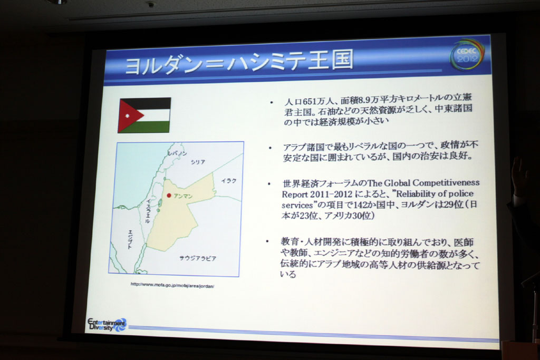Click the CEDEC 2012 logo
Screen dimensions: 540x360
(467, 55)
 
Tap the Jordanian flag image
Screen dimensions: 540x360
(144, 115)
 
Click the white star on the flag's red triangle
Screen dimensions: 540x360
(127, 115)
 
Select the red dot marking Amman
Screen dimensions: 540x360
(169, 196)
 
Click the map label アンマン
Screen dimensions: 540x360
(183, 196)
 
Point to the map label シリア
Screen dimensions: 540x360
(198, 162)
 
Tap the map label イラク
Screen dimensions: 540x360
(229, 181)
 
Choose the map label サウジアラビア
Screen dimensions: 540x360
(198, 258)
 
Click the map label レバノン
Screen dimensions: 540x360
(177, 153)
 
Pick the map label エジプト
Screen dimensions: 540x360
(130, 239)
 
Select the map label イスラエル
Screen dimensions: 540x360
(148, 211)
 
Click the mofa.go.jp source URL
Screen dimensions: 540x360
(172, 285)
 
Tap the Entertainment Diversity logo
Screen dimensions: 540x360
(107, 325)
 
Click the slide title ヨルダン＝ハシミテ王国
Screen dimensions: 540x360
(239, 62)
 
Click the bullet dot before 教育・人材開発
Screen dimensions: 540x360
(267, 241)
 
